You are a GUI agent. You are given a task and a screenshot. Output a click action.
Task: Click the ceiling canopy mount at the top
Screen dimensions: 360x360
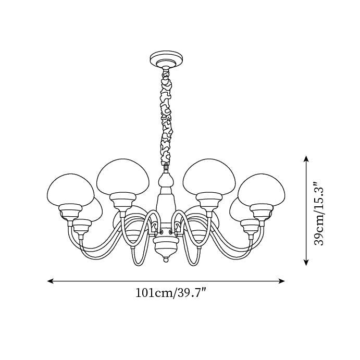tap(166, 60)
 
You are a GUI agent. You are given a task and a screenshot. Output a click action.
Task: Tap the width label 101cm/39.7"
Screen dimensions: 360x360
tap(170, 293)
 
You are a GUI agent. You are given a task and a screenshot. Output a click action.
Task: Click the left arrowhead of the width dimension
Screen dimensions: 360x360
tap(51, 281)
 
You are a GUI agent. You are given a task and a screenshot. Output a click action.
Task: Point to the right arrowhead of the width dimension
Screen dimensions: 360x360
tap(281, 281)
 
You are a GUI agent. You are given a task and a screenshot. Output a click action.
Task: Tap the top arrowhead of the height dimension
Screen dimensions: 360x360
tap(306, 159)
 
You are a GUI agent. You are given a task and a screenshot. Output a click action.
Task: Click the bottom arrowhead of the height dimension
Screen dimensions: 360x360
tap(306, 262)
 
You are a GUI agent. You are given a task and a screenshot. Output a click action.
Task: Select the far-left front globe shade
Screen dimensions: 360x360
tap(70, 190)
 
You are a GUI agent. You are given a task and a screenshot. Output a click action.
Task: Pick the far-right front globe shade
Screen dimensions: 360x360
tap(262, 190)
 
